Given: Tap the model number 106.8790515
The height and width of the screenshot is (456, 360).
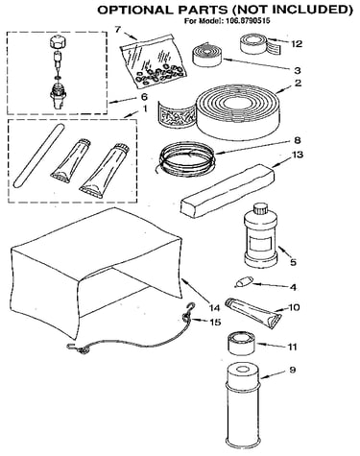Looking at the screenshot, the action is pyautogui.click(x=248, y=21).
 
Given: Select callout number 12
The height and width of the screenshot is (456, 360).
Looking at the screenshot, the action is pyautogui.click(x=297, y=43).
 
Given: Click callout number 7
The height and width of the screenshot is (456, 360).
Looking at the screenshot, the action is pyautogui.click(x=118, y=30).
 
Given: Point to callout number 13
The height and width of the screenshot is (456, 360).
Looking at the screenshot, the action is pyautogui.click(x=297, y=155).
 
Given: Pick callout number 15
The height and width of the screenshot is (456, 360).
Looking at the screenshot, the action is pyautogui.click(x=215, y=322).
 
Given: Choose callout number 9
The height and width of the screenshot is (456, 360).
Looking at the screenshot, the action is pyautogui.click(x=292, y=370).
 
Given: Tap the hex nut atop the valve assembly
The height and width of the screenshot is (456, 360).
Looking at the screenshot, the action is pyautogui.click(x=58, y=42).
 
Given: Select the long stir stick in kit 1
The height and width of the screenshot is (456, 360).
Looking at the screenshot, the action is pyautogui.click(x=38, y=156).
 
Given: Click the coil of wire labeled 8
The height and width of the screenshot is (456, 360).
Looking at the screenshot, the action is pyautogui.click(x=186, y=157).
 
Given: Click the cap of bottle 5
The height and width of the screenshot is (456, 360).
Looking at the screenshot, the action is pyautogui.click(x=260, y=209).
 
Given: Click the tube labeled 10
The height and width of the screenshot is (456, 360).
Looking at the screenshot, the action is pyautogui.click(x=252, y=312).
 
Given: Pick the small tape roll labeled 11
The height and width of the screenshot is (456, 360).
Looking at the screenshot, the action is pyautogui.click(x=241, y=344).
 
